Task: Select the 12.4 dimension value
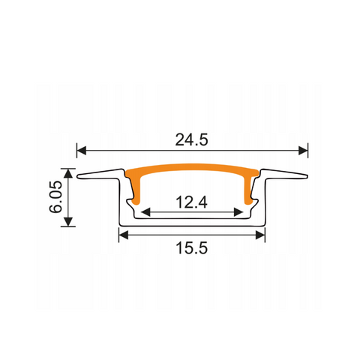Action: click(192, 200)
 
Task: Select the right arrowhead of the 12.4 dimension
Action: click(240, 211)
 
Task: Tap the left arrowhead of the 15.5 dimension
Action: click(123, 235)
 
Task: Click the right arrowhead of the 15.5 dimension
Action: click(262, 235)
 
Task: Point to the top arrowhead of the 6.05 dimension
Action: click(68, 173)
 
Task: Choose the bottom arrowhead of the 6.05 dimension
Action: click(68, 221)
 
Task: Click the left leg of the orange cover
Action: click(136, 191)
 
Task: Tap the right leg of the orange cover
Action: click(250, 191)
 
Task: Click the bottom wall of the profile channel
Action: click(193, 223)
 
